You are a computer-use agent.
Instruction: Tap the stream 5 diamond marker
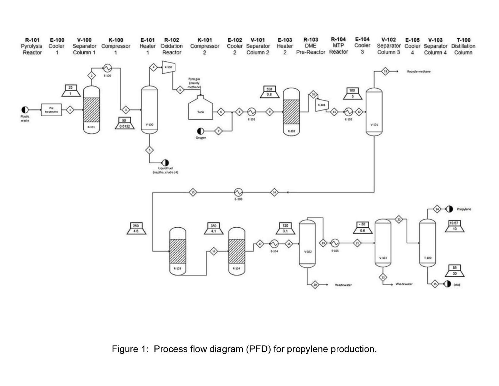[150, 150]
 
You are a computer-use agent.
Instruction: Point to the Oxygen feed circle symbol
[201, 132]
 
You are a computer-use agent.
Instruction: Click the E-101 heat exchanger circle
[251, 112]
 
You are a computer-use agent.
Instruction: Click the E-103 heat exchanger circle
[238, 192]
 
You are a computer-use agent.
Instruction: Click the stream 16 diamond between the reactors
[214, 251]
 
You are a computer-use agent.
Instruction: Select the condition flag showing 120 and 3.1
[285, 228]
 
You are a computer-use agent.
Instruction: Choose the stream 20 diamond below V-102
[315, 284]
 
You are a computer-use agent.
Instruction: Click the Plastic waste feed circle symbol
[25, 110]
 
